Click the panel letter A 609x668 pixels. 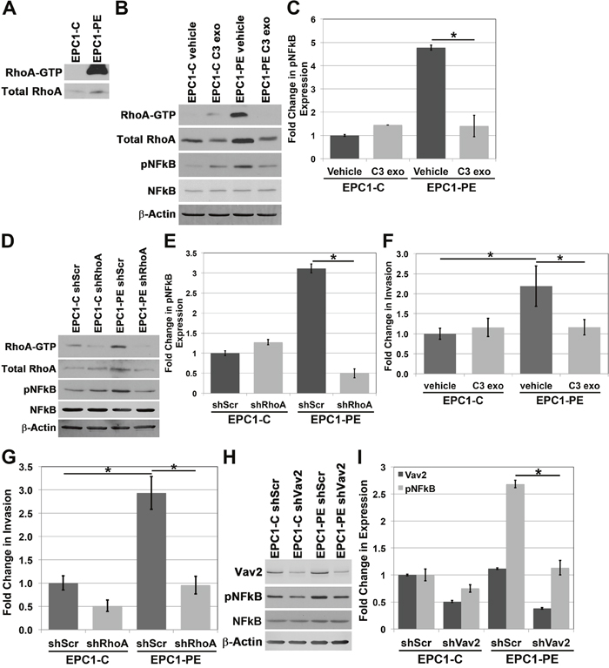point(10,10)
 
